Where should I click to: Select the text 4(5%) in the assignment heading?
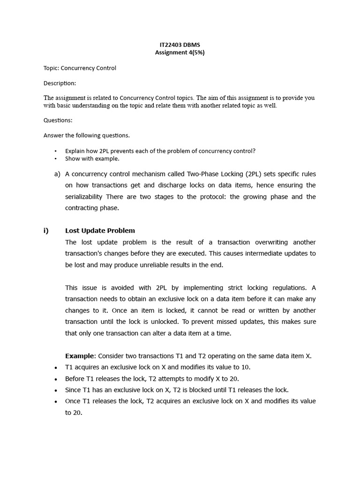[x=195, y=52]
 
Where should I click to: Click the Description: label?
[x=60, y=83]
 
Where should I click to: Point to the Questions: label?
[x=58, y=120]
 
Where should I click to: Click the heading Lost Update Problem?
[x=100, y=231]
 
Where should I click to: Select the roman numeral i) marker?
[x=46, y=231]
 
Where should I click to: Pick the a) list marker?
[x=57, y=174]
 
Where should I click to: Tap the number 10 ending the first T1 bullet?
[x=239, y=367]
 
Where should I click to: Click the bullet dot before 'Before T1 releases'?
[x=56, y=379]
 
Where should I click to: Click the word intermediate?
[x=266, y=254]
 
